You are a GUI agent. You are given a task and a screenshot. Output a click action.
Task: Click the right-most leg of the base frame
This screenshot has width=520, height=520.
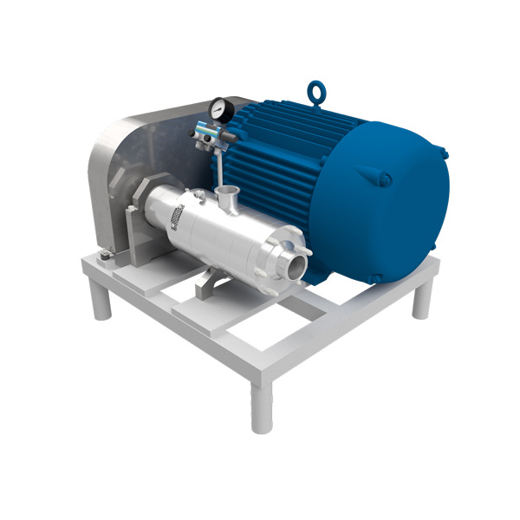click(421, 299)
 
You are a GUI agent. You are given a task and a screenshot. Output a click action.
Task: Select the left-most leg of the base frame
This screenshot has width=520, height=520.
click(101, 300)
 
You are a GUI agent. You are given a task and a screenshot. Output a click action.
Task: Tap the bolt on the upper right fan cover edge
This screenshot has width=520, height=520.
click(445, 154)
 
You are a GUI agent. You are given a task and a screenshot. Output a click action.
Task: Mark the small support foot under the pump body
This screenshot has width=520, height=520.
click(206, 287)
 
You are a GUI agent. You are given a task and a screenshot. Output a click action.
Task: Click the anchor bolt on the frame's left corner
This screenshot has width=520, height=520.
click(102, 253)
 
